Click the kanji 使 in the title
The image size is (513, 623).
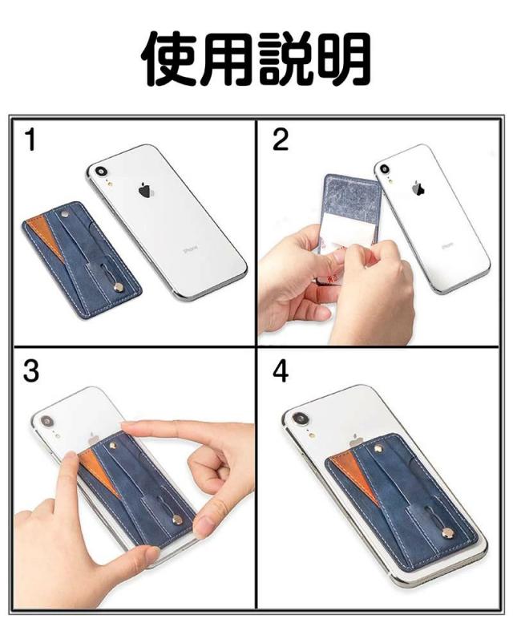[170, 59]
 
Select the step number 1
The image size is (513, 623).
[31, 140]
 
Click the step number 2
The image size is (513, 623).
[280, 140]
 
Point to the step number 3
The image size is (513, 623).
[31, 371]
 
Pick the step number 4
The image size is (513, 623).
[281, 371]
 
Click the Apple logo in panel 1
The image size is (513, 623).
[146, 190]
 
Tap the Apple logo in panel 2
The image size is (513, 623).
[418, 188]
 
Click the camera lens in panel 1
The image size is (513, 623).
[101, 171]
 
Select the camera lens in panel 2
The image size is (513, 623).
[385, 168]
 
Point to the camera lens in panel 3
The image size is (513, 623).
[46, 421]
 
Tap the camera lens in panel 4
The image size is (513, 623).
[299, 419]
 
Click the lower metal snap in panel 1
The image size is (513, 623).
[118, 287]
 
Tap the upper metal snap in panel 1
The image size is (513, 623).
[64, 215]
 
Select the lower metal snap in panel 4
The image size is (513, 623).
[448, 532]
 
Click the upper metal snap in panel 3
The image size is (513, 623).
[113, 445]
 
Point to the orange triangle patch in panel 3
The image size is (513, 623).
[99, 471]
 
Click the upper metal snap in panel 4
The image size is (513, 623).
[378, 448]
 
